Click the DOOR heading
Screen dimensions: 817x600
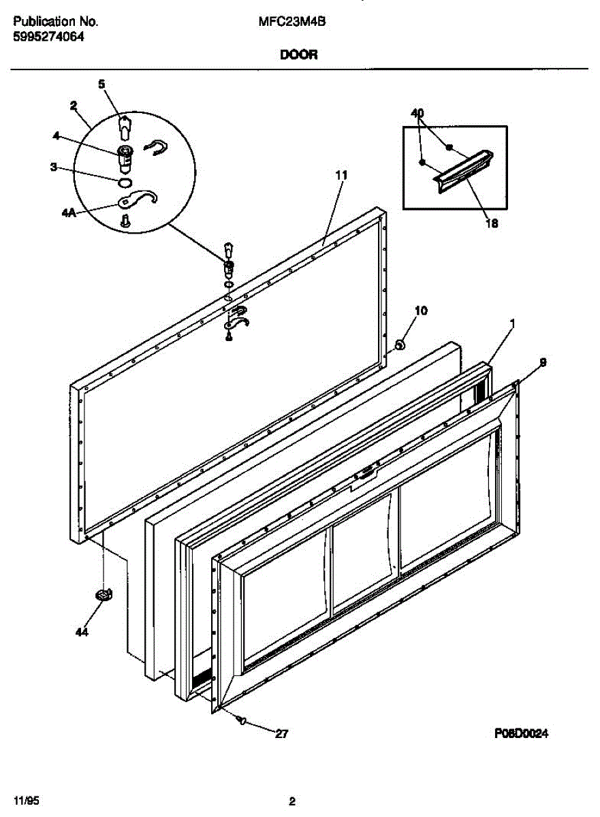[298, 56]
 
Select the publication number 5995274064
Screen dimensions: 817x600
[48, 38]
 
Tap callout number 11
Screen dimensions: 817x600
[341, 175]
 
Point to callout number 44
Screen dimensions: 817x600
[82, 632]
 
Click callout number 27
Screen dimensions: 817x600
[281, 734]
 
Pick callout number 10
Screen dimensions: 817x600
[421, 311]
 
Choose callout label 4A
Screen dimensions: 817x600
[69, 212]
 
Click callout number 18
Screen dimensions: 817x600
[490, 223]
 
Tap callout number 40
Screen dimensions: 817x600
[417, 113]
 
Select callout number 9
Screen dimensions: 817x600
[542, 363]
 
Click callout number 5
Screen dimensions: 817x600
[101, 84]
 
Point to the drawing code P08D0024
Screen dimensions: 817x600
[521, 733]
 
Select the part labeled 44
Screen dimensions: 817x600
[103, 594]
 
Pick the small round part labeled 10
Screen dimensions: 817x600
[400, 345]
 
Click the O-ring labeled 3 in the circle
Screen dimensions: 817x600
[124, 182]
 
